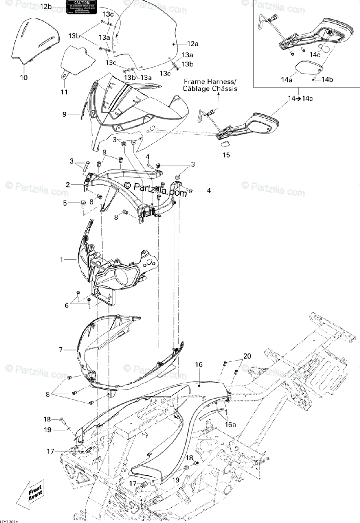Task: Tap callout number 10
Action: (24, 78)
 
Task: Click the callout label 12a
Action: (193, 44)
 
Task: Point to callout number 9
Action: (65, 115)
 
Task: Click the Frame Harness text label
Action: (210, 85)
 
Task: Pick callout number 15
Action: (226, 154)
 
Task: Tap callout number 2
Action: (68, 185)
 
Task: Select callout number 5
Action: (65, 203)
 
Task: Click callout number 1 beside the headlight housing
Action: (62, 260)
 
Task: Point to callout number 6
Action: (67, 306)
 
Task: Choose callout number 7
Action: (61, 349)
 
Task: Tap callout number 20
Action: (247, 356)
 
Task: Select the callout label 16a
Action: (230, 424)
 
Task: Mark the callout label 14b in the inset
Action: (327, 80)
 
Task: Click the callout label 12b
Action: (46, 7)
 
